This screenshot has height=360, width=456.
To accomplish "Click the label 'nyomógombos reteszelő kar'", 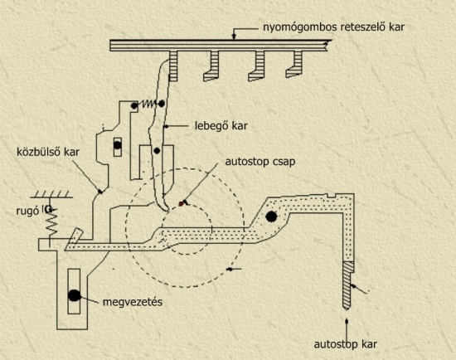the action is coord(333,27).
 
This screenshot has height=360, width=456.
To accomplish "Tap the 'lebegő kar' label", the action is coord(221,126).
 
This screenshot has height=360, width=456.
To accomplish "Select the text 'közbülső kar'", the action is coord(48,152).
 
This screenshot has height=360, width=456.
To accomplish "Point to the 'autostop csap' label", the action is coord(260,162).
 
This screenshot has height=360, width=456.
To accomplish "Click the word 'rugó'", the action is coord(27,212).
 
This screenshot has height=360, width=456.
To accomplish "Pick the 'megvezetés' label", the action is coord(133,302).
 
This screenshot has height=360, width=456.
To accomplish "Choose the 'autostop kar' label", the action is coord(346,344).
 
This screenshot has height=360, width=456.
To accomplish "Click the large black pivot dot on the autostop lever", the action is coord(271,216).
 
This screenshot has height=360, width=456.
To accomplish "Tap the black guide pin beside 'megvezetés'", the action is coord(74,295).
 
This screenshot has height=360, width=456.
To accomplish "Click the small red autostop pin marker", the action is coord(182,204).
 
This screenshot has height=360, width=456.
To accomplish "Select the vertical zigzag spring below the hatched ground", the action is coord(52,222).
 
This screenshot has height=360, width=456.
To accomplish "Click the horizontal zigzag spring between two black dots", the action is coord(148,104).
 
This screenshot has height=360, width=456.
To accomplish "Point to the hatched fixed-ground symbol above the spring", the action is coord(51,194).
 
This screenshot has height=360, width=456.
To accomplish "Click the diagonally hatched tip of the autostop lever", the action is coord(347,285).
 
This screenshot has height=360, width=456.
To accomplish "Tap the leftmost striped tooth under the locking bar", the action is coord(173,66).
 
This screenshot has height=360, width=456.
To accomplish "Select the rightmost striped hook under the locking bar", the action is coord(295,65).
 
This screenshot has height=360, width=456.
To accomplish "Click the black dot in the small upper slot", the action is coord(118,145).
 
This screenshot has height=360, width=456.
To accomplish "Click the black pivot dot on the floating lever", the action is coord(157,151).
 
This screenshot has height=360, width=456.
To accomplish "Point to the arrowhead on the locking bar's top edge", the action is coord(233,36).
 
